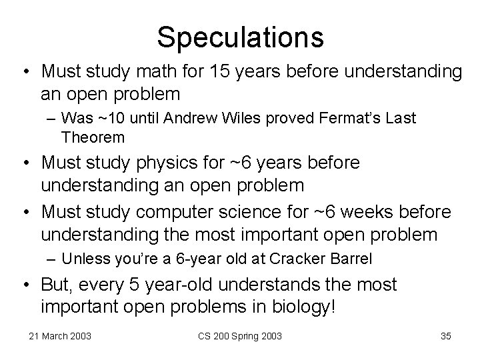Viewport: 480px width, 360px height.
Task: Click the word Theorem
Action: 92,137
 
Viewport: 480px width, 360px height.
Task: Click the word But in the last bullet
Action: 55,285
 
